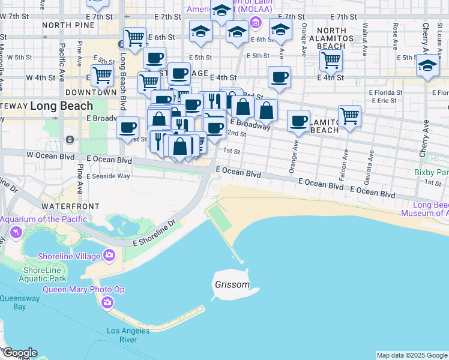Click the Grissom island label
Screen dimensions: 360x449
[232, 284]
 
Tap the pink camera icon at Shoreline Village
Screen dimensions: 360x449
[109, 255]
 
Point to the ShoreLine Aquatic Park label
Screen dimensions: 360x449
[44, 274]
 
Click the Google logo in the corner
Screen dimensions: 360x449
[19, 353]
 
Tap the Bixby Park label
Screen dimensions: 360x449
[431, 172]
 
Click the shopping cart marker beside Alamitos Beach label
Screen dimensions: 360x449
[349, 116]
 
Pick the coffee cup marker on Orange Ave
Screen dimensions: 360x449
[298, 121]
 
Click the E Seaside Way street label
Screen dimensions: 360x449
[108, 176]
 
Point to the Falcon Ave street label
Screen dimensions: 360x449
[345, 162]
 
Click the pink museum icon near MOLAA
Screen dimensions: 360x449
[256, 23]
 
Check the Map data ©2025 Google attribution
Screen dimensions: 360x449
[412, 355]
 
